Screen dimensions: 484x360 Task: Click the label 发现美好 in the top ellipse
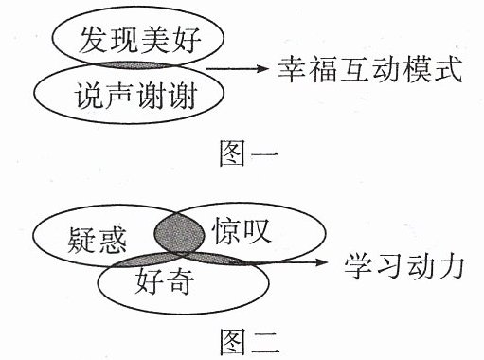(x=139, y=40)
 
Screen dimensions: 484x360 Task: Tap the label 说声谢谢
(x=135, y=96)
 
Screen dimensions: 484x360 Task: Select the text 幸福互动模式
(x=369, y=69)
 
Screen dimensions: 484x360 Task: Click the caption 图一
(x=249, y=153)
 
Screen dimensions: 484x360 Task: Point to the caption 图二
(x=249, y=342)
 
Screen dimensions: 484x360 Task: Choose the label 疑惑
(x=97, y=240)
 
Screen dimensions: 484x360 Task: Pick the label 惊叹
(x=242, y=231)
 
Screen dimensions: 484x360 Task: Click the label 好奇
(x=164, y=281)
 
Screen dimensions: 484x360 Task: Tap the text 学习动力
(x=403, y=267)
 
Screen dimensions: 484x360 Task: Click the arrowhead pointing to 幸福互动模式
(x=261, y=68)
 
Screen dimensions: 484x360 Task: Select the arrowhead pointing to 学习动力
(x=321, y=261)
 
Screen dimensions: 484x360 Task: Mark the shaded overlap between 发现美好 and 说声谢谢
(x=136, y=65)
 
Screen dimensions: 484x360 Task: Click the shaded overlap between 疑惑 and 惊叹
(x=179, y=233)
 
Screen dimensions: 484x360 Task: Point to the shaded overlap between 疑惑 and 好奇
(x=145, y=260)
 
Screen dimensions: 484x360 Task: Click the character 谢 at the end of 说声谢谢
(x=183, y=96)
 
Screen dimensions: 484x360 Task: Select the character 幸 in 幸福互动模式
(x=291, y=69)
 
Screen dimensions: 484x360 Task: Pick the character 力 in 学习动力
(x=450, y=267)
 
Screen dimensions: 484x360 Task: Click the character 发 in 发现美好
(x=92, y=40)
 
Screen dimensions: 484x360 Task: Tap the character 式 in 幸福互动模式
(x=448, y=69)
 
